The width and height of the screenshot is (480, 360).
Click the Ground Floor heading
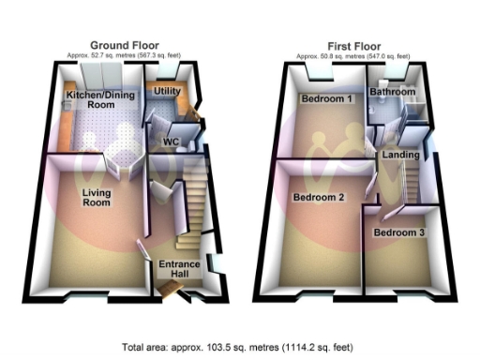(x=124, y=44)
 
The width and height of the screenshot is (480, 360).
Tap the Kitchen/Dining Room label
(x=94, y=100)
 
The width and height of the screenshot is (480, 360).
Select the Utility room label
(x=167, y=91)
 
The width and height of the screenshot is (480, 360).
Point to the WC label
(x=172, y=142)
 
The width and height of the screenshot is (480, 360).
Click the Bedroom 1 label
(x=325, y=98)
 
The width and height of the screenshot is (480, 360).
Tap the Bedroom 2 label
(x=317, y=198)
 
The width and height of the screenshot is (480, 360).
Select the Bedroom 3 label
(x=397, y=232)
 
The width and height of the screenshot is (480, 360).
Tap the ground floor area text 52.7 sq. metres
(x=124, y=54)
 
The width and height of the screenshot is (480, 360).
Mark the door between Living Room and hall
(x=142, y=249)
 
